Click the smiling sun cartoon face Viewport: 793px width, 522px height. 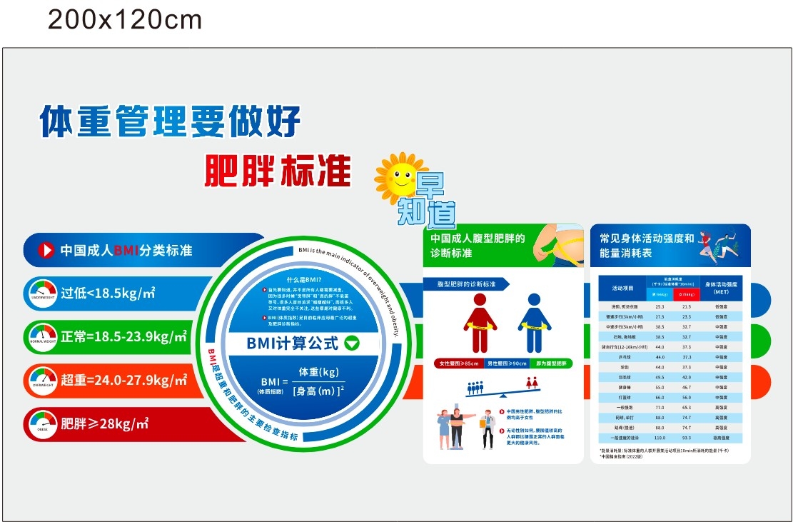point(400,176)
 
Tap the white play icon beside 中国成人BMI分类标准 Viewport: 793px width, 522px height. point(46,250)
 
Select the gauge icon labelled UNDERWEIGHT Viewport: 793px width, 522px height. point(43,293)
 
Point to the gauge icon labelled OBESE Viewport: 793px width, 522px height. point(43,423)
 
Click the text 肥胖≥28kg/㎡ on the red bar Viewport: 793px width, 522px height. point(104,423)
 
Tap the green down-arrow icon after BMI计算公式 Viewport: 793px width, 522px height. point(352,343)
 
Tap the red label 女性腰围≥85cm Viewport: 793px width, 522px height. point(459,363)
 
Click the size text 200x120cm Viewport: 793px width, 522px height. point(125,20)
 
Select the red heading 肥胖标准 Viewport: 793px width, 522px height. point(278,170)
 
